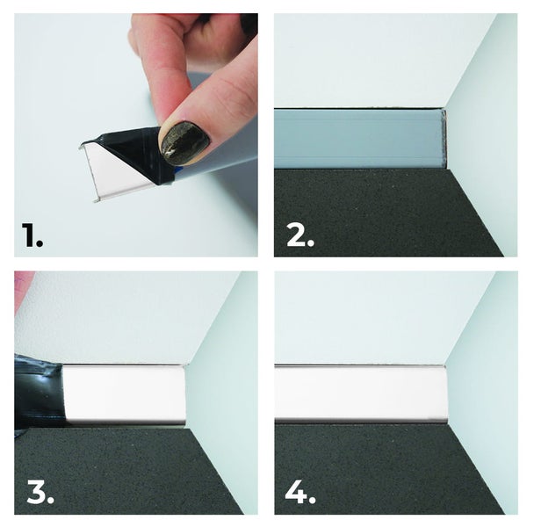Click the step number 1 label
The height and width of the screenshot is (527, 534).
32,235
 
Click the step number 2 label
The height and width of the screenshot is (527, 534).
300,235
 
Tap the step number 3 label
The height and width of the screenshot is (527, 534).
40,492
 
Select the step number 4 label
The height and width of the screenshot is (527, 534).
300,492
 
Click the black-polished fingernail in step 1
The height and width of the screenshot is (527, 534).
184,142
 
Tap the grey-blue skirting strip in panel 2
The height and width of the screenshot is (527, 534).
359,138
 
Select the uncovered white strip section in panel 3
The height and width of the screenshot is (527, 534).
125,394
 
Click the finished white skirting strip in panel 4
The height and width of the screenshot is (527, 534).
360,394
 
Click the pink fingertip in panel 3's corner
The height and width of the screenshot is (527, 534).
22,290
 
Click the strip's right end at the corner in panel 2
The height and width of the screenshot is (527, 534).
444,138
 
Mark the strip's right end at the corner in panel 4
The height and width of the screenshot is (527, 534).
445,394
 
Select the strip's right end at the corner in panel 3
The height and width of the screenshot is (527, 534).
184,394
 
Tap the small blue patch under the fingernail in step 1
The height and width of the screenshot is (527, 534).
178,169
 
